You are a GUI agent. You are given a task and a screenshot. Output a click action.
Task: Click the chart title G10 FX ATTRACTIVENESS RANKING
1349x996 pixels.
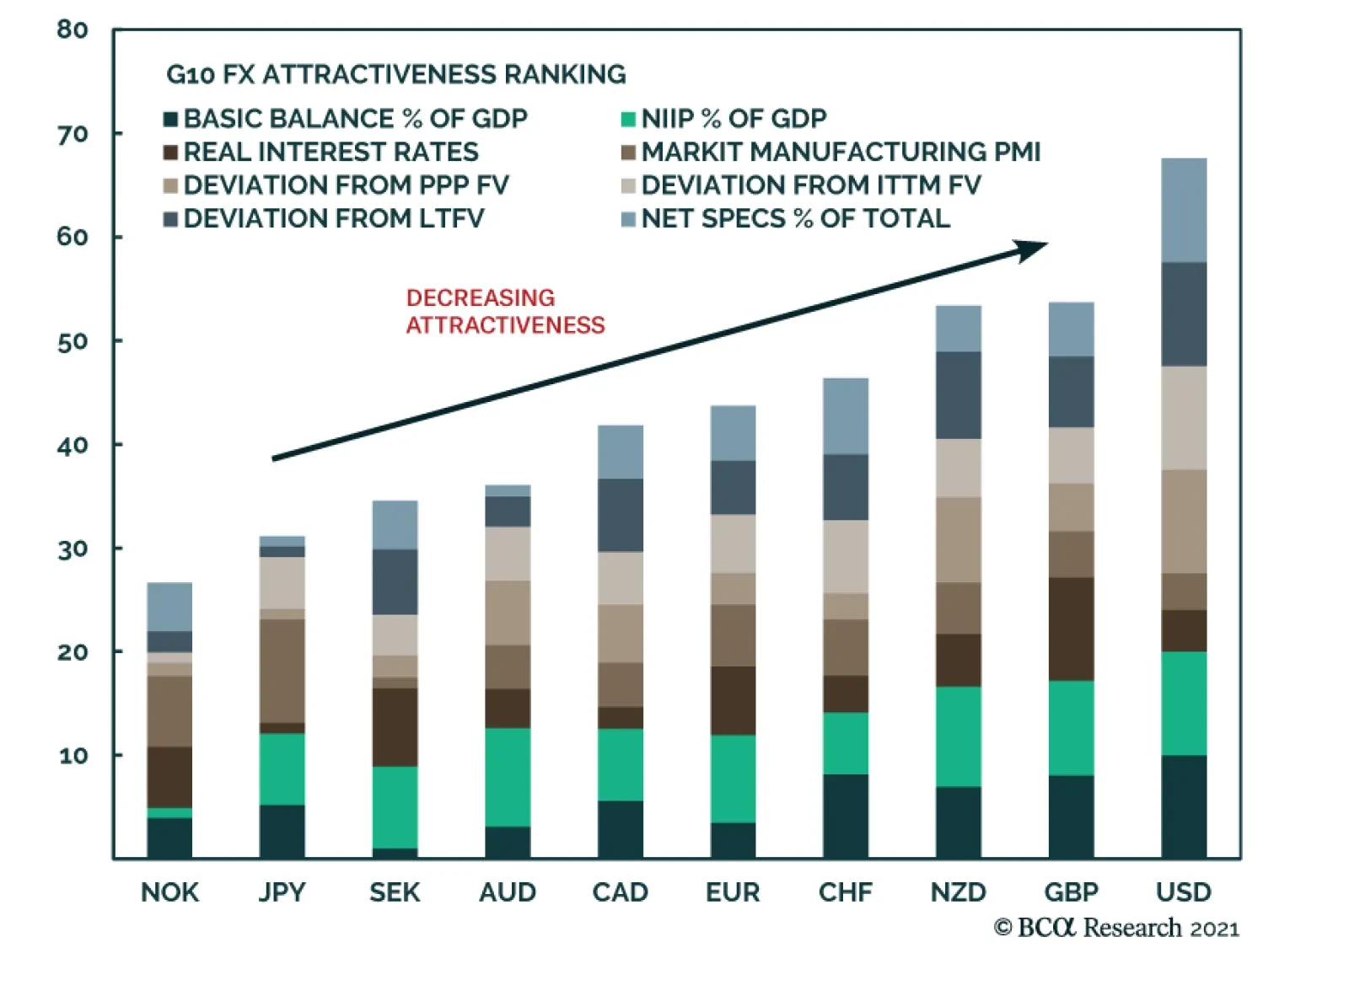point(395,75)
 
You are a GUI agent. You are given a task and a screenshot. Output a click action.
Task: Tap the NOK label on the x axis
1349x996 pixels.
point(169,892)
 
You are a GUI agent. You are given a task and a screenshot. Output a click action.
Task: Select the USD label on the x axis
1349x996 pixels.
point(1183,892)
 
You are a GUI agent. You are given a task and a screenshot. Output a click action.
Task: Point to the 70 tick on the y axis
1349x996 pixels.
point(73,134)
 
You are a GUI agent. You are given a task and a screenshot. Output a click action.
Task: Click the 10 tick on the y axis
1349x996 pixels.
point(73,756)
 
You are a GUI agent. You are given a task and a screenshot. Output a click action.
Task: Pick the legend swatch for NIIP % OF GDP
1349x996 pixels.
point(627,119)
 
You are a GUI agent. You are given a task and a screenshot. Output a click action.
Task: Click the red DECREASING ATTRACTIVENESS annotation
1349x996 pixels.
point(504,311)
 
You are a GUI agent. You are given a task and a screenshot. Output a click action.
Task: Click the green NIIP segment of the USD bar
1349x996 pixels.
point(1183,704)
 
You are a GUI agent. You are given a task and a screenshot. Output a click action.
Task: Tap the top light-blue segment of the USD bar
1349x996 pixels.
point(1183,210)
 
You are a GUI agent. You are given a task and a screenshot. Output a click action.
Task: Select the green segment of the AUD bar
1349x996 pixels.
point(508,777)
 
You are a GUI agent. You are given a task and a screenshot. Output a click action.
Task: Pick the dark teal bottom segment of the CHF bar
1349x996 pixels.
point(846,816)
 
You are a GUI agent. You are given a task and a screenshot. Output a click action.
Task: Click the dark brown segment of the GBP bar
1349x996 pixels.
point(1071,629)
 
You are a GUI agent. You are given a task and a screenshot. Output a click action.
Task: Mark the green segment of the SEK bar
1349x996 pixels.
point(395,806)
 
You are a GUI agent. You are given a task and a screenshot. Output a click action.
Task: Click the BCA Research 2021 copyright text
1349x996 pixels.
point(1116,928)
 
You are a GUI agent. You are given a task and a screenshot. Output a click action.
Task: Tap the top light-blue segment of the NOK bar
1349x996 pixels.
point(169,607)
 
